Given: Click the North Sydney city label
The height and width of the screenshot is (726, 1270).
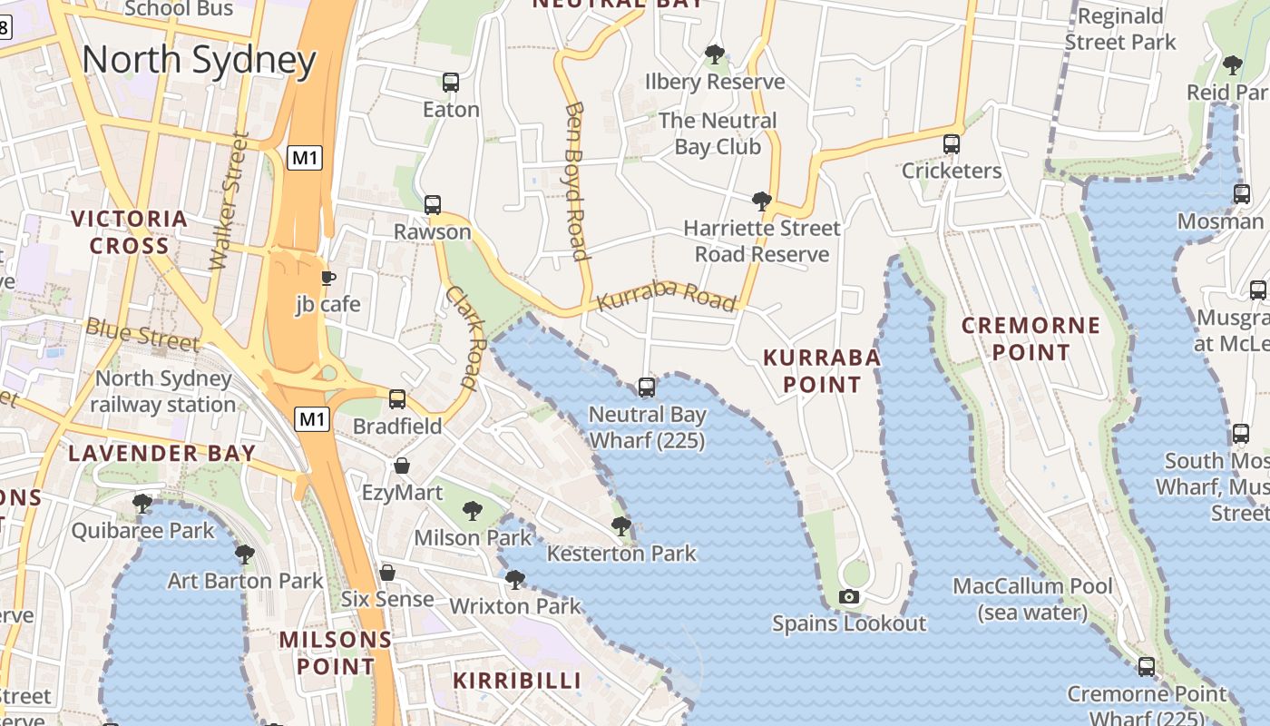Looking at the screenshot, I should (199, 60).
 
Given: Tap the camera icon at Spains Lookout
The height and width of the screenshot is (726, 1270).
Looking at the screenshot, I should (849, 596).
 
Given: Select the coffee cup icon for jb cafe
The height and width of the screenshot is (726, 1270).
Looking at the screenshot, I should (328, 278).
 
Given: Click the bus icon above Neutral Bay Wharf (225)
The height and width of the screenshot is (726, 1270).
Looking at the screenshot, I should (647, 388).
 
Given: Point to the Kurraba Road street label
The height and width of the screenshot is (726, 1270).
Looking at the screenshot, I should (667, 296).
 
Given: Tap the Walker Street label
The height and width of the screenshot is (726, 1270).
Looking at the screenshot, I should (229, 201).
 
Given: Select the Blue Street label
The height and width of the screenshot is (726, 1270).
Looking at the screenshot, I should (142, 334).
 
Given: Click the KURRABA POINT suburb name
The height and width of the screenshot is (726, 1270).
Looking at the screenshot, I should (822, 370).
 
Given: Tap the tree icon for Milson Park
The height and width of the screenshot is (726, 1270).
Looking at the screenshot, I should (472, 511).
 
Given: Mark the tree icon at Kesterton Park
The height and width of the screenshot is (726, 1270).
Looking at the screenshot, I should (621, 525).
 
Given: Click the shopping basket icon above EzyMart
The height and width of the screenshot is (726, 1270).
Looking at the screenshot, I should (402, 466).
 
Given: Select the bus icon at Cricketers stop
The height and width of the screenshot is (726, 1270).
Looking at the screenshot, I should (951, 143).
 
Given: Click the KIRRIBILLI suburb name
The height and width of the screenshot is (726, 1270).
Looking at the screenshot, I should (517, 680).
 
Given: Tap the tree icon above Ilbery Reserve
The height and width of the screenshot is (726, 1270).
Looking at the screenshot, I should (715, 54).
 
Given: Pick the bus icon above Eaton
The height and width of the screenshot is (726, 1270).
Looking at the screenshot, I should (451, 83).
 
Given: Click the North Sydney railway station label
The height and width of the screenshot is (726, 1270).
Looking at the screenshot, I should (163, 391).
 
